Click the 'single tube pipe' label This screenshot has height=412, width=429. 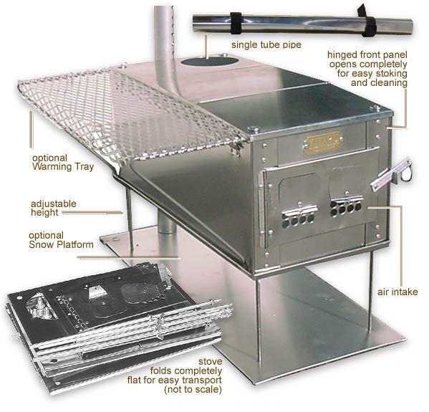pos(266,44)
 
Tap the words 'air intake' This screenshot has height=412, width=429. pos(397,292)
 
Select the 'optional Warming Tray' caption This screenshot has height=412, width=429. pos(63,163)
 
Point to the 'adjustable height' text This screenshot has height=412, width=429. pos(53,208)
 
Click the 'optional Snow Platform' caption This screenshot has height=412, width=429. pos(61,240)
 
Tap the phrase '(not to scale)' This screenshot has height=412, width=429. pos(193,390)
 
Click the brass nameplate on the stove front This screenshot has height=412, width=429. pos(323,142)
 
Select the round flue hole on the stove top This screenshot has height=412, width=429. pos(209,62)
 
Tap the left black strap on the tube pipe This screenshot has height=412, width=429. pos(236,23)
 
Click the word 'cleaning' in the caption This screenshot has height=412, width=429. pos(379,82)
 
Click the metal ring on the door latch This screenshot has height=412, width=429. pos(406,176)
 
